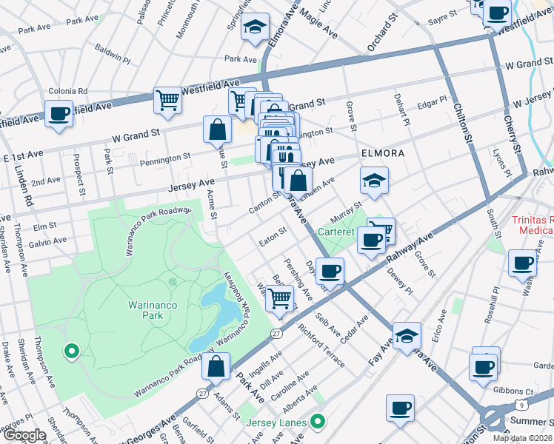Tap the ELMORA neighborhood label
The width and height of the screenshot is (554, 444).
click(382, 153)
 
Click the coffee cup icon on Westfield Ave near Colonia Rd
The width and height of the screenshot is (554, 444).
click(59, 115)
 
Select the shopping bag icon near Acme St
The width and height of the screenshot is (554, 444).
click(217, 129)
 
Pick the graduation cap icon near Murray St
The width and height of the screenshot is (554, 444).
click(375, 181)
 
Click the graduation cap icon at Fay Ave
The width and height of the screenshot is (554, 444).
click(406, 337)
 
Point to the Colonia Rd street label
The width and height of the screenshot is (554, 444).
click(67, 91)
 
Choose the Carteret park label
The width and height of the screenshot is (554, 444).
click(338, 231)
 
